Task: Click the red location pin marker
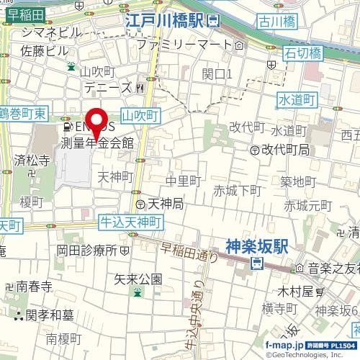tap(96, 122)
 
